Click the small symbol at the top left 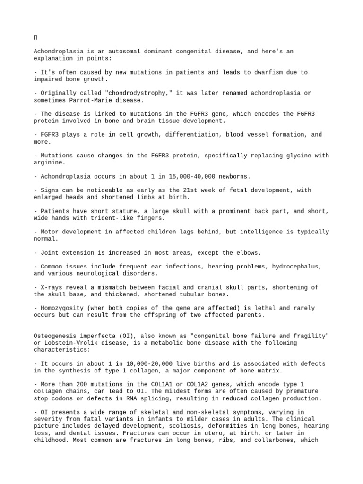click(x=35, y=38)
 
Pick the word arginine click(x=49, y=163)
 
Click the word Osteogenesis click(x=56, y=336)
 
